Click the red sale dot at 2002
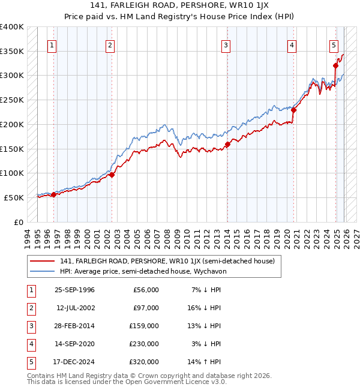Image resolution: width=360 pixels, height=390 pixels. coord(112,175)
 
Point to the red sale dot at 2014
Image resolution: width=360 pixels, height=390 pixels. coord(227,145)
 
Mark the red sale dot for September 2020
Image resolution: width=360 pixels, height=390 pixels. coord(293,110)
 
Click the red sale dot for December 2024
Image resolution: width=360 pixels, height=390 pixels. coord(335,66)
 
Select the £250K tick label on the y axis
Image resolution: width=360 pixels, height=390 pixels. coord(12,100)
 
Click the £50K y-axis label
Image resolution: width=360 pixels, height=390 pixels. coord(14,197)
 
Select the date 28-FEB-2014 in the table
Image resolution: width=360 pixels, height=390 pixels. coord(74,326)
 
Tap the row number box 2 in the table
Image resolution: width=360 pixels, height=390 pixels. coord(30,308)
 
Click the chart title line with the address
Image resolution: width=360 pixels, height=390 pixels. coord(179,7)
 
